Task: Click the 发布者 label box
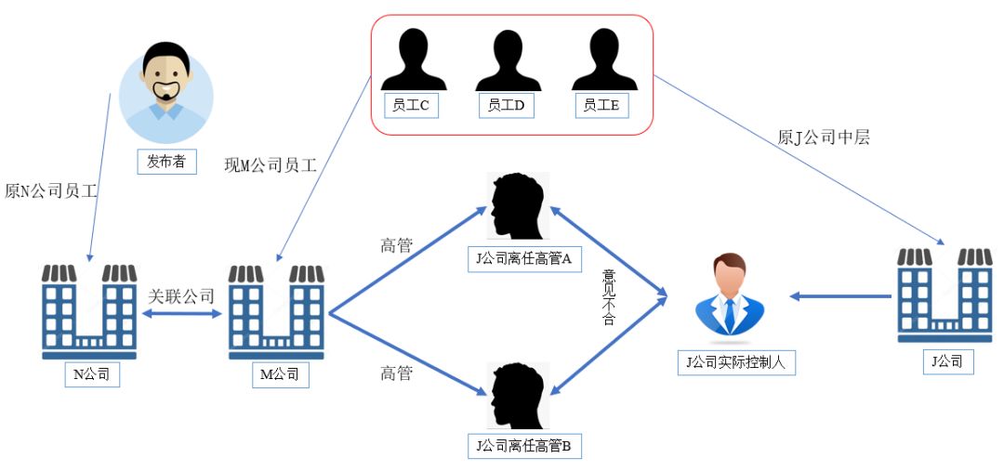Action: pos(166,161)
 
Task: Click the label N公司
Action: pos(91,375)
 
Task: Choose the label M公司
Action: pos(277,375)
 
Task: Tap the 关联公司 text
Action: pos(181,297)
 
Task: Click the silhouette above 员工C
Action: pos(410,60)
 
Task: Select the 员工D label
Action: pos(507,106)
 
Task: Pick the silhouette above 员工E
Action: pos(602,60)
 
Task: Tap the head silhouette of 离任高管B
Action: pos(518,395)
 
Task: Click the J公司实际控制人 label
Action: pos(735,362)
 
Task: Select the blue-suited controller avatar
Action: pos(730,294)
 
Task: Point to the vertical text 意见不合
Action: pos(610,297)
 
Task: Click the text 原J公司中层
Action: pos(823,137)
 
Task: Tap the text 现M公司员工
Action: pos(271,165)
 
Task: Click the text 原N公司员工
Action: pos(52,191)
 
